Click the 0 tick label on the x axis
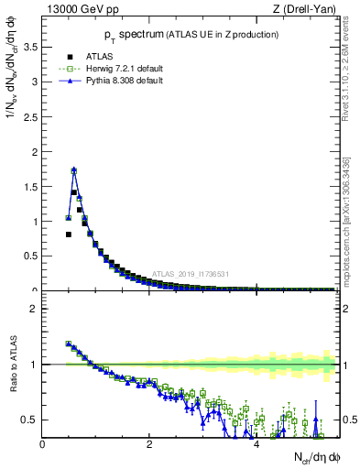(x=42, y=444)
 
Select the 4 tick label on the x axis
(x=256, y=444)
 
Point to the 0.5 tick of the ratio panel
(x=33, y=420)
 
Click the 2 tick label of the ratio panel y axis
(x=36, y=309)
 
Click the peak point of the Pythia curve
(x=73, y=169)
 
